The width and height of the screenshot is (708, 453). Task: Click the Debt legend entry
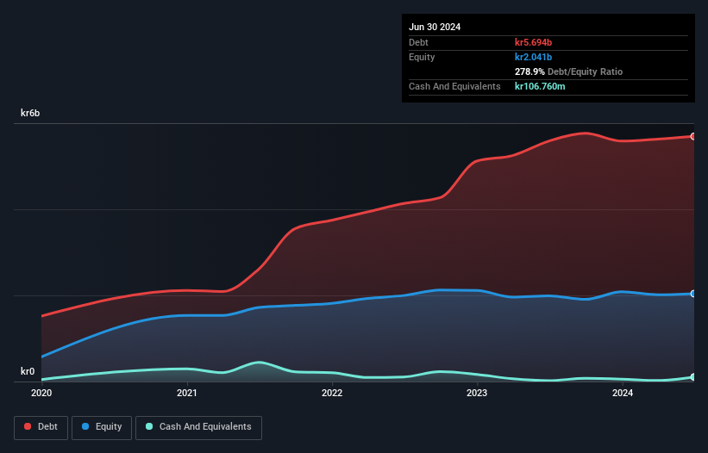tap(41, 427)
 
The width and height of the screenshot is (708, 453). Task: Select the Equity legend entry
tap(102, 427)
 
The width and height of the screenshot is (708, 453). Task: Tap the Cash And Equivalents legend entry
tap(198, 427)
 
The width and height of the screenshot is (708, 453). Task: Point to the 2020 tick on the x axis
tap(41, 394)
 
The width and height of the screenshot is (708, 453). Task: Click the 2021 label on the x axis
tap(186, 394)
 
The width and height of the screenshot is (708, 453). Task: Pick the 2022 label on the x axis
tap(332, 394)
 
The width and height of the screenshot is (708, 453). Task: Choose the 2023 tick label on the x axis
tap(477, 394)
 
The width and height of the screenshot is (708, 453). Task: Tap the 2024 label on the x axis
tap(622, 394)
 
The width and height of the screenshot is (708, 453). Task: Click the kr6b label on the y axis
tap(30, 114)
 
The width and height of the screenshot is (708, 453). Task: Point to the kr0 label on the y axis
tap(28, 372)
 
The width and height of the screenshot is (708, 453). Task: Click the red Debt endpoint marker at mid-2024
tap(692, 136)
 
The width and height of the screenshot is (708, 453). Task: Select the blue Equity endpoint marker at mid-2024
tap(692, 294)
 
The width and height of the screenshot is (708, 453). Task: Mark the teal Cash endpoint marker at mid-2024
tap(692, 377)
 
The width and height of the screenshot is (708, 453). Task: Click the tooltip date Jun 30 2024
tap(435, 27)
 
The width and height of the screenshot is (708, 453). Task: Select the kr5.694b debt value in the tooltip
tap(533, 42)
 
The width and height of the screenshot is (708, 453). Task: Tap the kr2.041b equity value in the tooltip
tap(533, 57)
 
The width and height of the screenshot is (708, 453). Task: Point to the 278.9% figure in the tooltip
tap(529, 71)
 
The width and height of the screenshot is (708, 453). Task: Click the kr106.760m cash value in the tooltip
tap(541, 86)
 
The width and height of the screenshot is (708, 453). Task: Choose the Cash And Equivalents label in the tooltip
tap(454, 86)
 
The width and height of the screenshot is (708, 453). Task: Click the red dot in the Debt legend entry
tap(28, 427)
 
